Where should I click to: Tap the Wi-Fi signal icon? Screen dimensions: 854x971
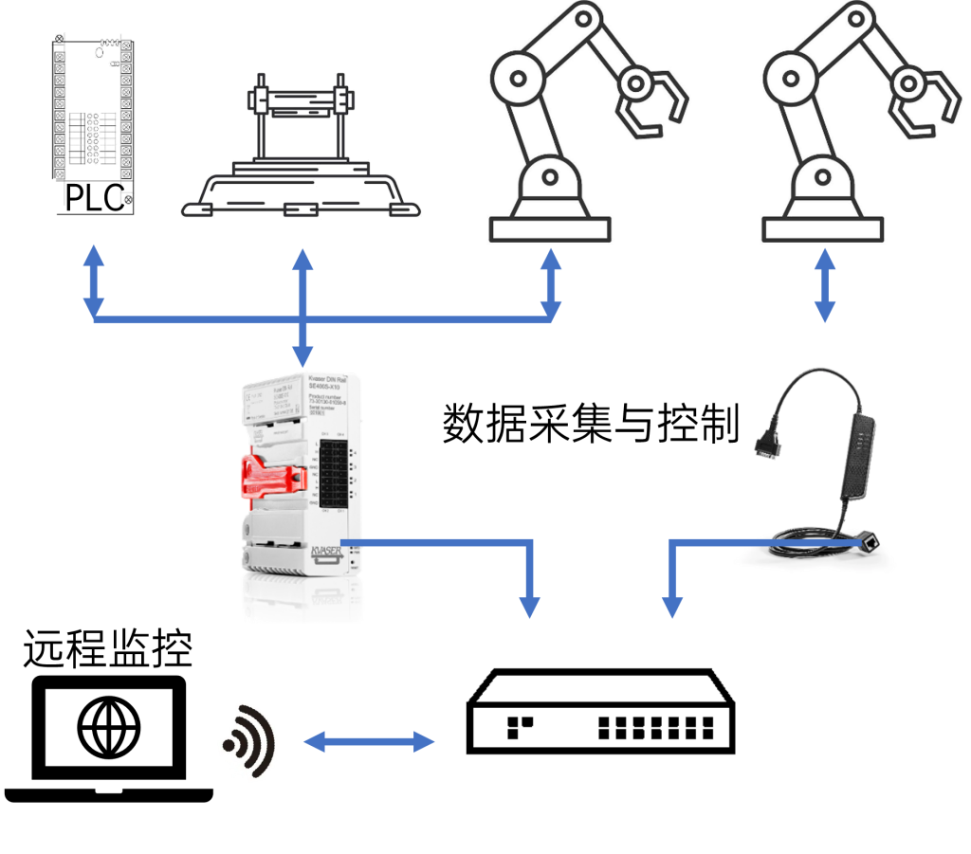click(249, 741)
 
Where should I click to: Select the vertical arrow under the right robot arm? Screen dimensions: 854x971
click(825, 284)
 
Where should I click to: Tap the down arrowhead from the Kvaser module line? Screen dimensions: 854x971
click(531, 605)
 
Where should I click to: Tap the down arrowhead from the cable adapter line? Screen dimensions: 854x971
click(671, 605)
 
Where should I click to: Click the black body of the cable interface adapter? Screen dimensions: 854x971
click(857, 455)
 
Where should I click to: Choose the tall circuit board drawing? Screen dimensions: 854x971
click(93, 118)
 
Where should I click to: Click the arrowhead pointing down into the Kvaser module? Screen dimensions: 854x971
click(302, 357)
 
